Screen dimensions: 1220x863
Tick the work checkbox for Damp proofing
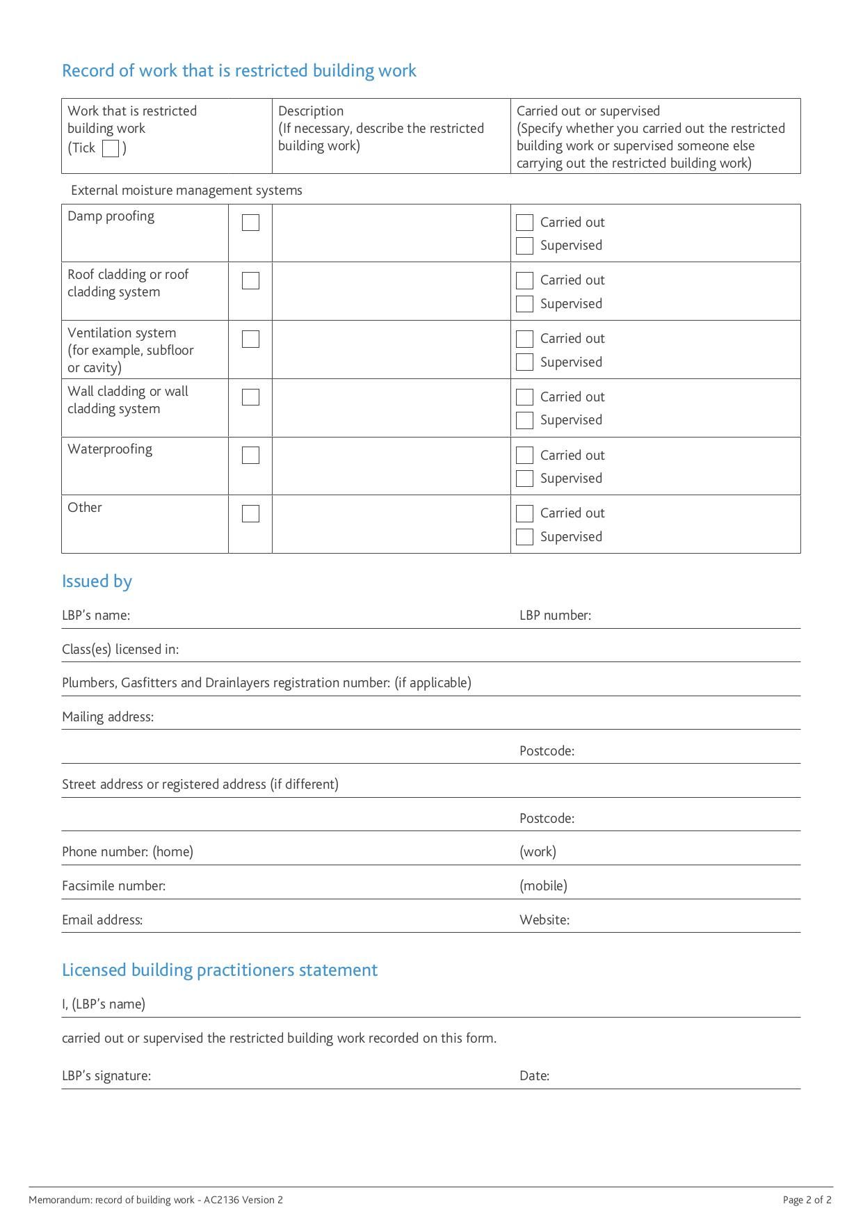point(250,223)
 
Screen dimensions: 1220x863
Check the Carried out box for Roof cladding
point(525,280)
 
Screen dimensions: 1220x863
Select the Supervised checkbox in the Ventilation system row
point(525,362)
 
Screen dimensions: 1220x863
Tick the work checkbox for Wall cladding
point(250,397)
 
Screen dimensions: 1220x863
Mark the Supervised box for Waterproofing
point(525,479)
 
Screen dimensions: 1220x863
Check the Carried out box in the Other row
point(525,513)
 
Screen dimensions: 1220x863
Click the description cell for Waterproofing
point(391,466)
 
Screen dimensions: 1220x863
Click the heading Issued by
point(97,581)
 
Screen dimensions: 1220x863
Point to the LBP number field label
point(555,616)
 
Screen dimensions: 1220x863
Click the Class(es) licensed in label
point(120,650)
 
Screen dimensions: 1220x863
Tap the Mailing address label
point(108,717)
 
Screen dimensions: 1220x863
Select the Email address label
point(102,920)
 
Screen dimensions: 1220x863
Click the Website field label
point(545,920)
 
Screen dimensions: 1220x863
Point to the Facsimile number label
point(113,886)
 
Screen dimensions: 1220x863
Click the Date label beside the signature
point(534,1076)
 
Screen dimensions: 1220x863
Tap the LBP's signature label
point(106,1076)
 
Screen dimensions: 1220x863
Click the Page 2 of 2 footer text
point(807,1200)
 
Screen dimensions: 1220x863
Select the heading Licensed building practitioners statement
point(220,970)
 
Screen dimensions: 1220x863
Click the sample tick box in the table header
point(111,148)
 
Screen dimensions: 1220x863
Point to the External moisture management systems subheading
point(186,191)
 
